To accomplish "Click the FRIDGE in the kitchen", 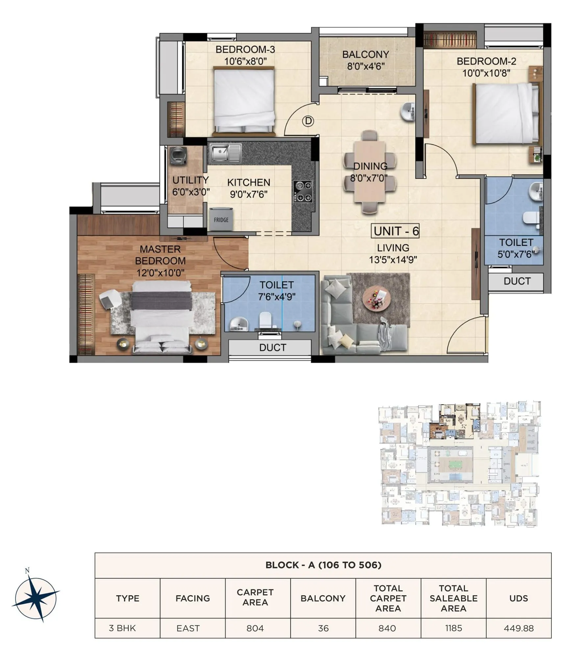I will (x=221, y=219).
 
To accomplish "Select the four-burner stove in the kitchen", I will (x=303, y=191).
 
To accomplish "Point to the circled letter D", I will (x=308, y=121).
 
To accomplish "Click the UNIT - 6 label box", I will (x=396, y=231).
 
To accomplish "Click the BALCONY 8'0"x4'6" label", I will (x=365, y=60).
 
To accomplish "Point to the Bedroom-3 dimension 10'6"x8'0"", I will (x=245, y=61).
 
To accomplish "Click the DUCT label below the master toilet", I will (x=273, y=347).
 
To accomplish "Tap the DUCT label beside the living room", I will (x=517, y=281).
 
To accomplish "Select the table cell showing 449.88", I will (x=519, y=628).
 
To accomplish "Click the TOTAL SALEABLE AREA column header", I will (x=453, y=598).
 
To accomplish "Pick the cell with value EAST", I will (x=188, y=628).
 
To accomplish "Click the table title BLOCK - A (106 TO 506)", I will (x=323, y=565).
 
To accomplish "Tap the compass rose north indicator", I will (x=28, y=571).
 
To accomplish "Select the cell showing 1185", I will (x=453, y=628).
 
